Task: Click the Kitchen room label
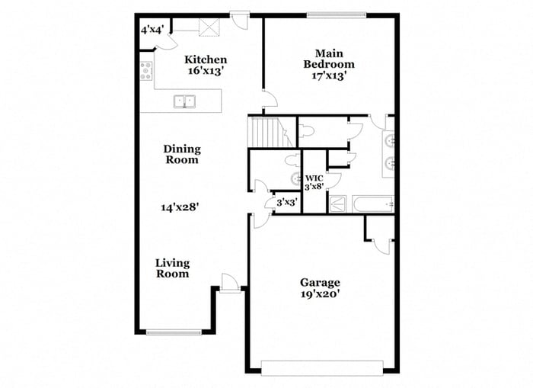click(206, 59)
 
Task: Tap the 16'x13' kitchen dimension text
click(206, 70)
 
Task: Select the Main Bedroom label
click(329, 59)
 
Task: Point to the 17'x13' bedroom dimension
click(329, 75)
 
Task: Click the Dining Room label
click(181, 154)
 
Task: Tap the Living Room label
click(172, 268)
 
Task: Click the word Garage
click(320, 282)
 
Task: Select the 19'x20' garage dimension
click(320, 293)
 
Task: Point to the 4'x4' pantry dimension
click(152, 30)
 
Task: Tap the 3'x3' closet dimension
click(286, 203)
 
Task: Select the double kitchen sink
click(184, 101)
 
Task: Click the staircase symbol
click(270, 133)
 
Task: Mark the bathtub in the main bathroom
click(372, 204)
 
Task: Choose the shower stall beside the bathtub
click(340, 204)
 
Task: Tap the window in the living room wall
click(174, 332)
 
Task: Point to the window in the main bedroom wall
click(336, 14)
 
